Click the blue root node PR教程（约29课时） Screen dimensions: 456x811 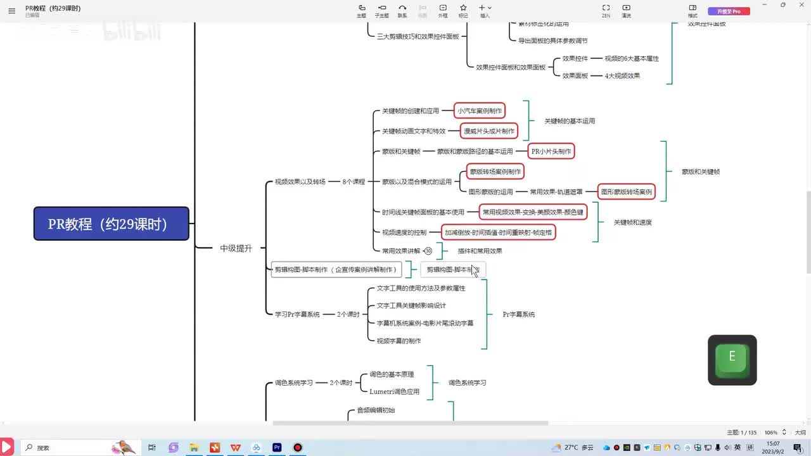click(x=111, y=224)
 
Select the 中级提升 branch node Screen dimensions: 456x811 click(x=236, y=248)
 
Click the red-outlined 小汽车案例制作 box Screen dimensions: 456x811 click(x=480, y=111)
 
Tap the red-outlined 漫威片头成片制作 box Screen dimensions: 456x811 click(x=489, y=131)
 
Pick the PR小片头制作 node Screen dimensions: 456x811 click(x=551, y=151)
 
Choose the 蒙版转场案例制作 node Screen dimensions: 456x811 click(x=495, y=172)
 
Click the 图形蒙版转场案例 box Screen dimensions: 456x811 click(x=626, y=191)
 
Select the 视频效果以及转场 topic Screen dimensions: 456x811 click(x=300, y=182)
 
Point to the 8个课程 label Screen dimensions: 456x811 click(x=354, y=182)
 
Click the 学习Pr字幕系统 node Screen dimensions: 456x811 click(x=297, y=314)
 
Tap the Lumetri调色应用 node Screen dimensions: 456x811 click(x=394, y=391)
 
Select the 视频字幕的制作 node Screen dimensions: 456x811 click(x=399, y=341)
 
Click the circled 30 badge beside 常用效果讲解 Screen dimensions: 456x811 click(x=428, y=251)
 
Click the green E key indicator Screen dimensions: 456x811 click(x=732, y=359)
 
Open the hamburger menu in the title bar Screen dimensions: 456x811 click(x=11, y=11)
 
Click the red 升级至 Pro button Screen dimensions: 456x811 click(x=729, y=11)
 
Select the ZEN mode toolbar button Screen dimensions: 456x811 click(x=606, y=11)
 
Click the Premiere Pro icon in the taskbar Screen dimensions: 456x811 click(x=277, y=448)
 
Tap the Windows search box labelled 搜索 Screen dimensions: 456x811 click(x=63, y=448)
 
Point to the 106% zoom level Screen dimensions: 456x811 click(x=771, y=433)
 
